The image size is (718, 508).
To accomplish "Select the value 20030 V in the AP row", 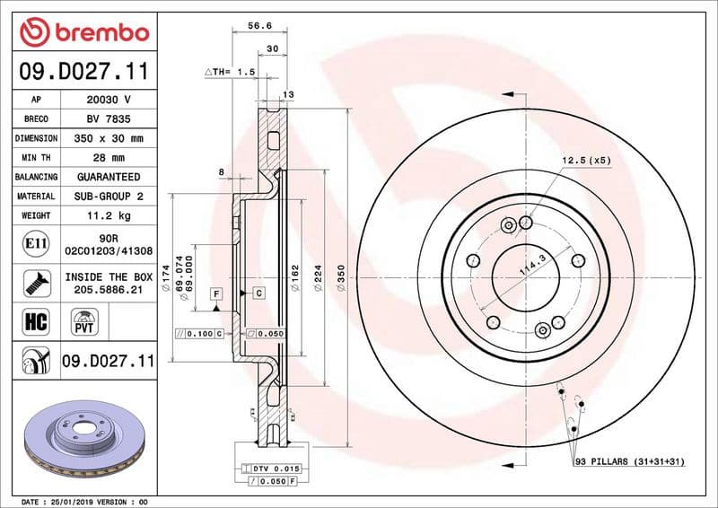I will click(108, 100).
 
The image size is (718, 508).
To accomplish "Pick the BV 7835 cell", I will click(108, 119).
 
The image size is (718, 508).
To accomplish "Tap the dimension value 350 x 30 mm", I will click(108, 138).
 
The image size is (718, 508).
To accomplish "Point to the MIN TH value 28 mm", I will click(108, 158).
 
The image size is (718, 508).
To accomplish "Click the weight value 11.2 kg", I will click(108, 215).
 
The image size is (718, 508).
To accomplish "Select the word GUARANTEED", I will click(108, 177).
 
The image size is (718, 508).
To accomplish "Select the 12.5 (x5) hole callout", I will click(586, 160).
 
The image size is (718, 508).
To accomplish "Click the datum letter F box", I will click(215, 293).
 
